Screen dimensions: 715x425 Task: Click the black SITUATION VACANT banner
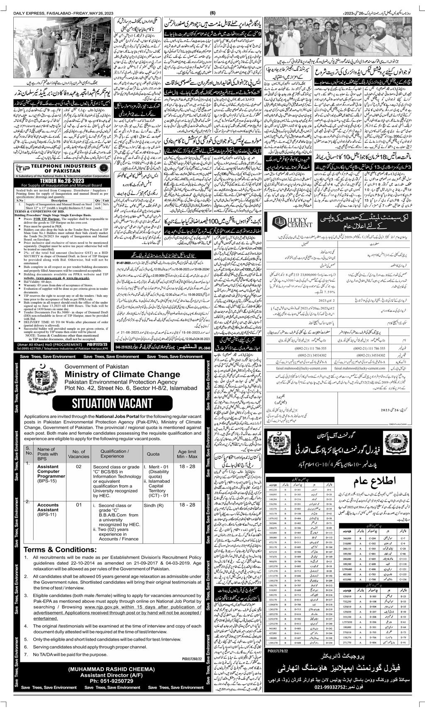[x=112, y=402]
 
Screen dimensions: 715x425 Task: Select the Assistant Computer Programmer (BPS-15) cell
[x=50, y=475]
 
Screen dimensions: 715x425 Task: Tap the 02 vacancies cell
[x=78, y=467]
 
